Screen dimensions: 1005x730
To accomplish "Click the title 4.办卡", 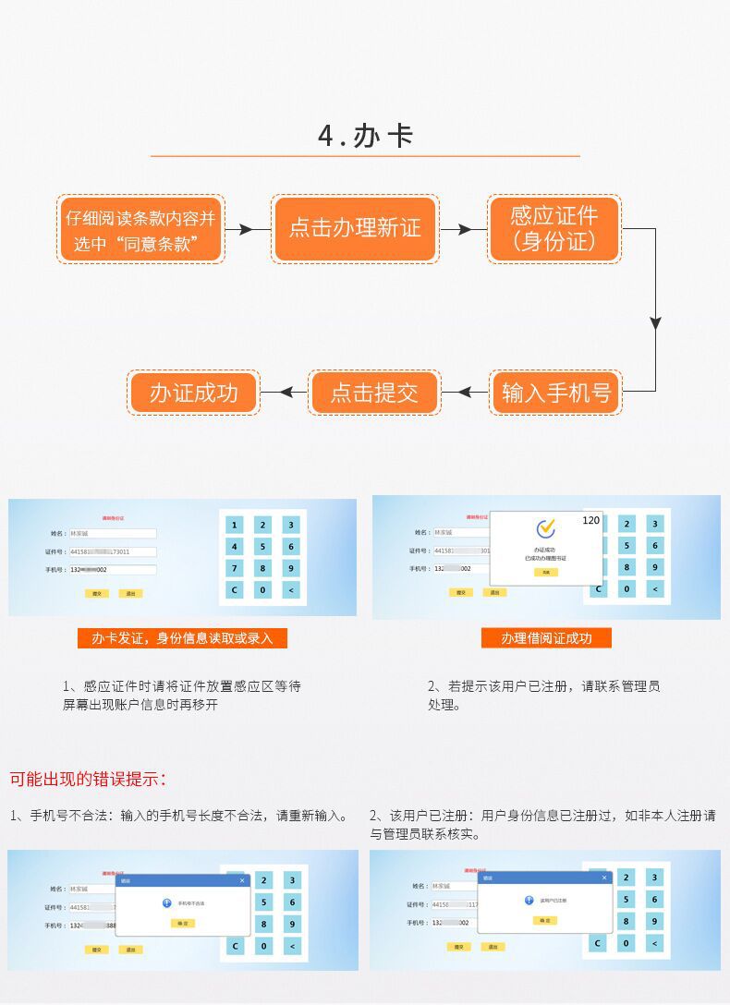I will pos(365,136).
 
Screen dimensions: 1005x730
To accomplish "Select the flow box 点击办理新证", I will pos(355,228).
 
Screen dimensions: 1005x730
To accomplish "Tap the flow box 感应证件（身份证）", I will pos(554,228).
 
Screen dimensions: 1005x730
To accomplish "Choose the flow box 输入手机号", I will pos(555,393).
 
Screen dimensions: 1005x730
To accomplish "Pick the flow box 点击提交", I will pos(374,393).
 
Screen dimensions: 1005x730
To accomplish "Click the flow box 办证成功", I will pos(193,393).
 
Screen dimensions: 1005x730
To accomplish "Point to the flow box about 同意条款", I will pos(141,229).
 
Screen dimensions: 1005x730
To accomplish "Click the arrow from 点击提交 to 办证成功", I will pos(284,393).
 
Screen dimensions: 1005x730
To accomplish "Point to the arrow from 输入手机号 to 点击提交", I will pos(465,393).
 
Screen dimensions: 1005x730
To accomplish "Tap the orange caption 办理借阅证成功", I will pos(546,638).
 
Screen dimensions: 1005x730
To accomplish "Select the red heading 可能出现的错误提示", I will pos(88,779).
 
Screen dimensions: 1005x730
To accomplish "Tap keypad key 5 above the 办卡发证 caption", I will pos(262,547).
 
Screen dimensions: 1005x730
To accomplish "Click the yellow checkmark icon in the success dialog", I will pos(545,528).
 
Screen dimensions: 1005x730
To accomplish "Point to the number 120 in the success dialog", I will pos(590,520).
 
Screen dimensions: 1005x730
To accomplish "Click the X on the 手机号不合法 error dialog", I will pos(242,880).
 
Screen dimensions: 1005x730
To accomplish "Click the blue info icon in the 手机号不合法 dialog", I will pos(166,902).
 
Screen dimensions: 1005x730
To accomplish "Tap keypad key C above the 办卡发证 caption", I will pos(234,590).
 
